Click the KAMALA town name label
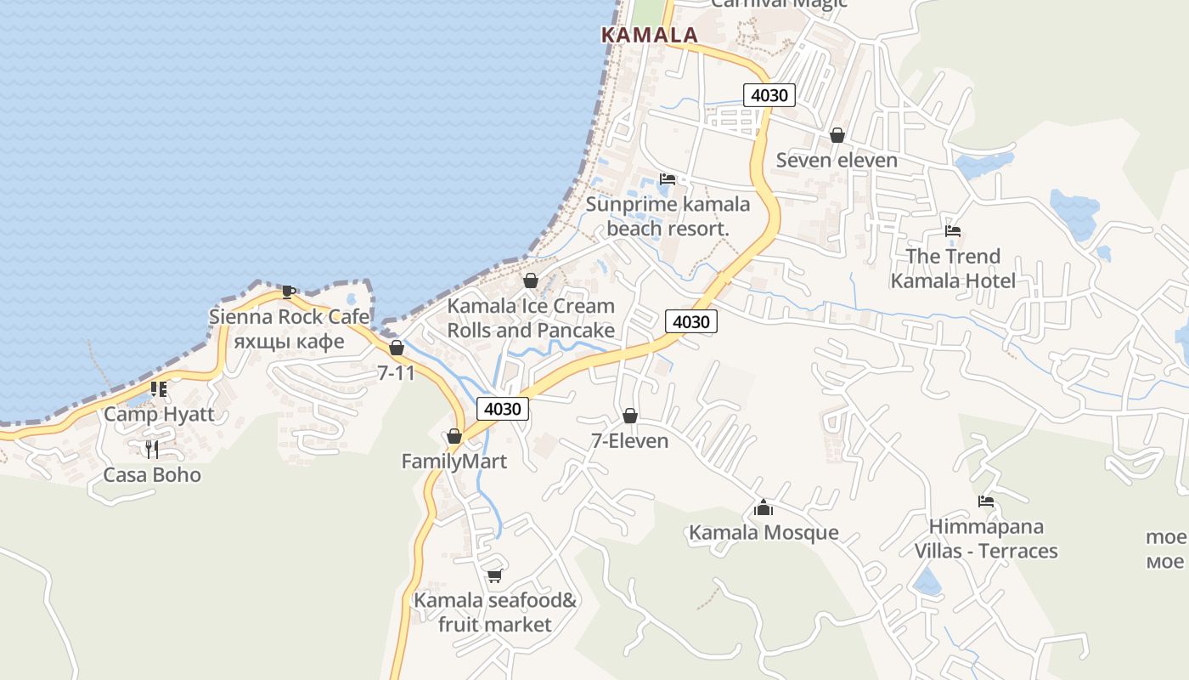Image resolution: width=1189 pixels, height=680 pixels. pyautogui.click(x=650, y=35)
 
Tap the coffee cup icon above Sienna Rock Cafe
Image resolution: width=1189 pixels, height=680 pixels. pyautogui.click(x=289, y=292)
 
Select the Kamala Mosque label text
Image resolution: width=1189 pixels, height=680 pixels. pyautogui.click(x=764, y=533)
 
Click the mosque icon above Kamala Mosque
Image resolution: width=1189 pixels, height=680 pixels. pyautogui.click(x=763, y=508)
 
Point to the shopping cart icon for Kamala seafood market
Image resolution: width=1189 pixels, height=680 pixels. pyautogui.click(x=494, y=576)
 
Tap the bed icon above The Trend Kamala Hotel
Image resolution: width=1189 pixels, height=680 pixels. pyautogui.click(x=952, y=231)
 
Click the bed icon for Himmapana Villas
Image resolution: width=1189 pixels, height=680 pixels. pyautogui.click(x=985, y=501)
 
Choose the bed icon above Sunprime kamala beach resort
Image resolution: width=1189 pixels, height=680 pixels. pyautogui.click(x=668, y=179)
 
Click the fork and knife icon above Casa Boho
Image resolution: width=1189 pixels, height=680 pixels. pyautogui.click(x=151, y=450)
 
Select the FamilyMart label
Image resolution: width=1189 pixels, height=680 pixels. pyautogui.click(x=454, y=462)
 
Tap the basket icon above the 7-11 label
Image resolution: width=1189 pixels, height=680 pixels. pyautogui.click(x=396, y=348)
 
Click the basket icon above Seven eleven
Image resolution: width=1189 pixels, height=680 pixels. pyautogui.click(x=837, y=135)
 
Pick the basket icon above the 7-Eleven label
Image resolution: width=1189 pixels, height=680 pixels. pyautogui.click(x=629, y=416)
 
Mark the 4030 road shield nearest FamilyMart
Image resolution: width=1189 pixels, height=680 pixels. pyautogui.click(x=502, y=409)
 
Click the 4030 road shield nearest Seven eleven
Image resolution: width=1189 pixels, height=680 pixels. pyautogui.click(x=769, y=95)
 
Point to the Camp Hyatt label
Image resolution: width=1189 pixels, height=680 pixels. pyautogui.click(x=159, y=415)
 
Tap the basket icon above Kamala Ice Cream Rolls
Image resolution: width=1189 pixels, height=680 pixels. pyautogui.click(x=531, y=280)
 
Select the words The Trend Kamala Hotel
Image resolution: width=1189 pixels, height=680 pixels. pyautogui.click(x=952, y=269)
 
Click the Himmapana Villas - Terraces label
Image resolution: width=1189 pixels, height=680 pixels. pyautogui.click(x=985, y=539)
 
